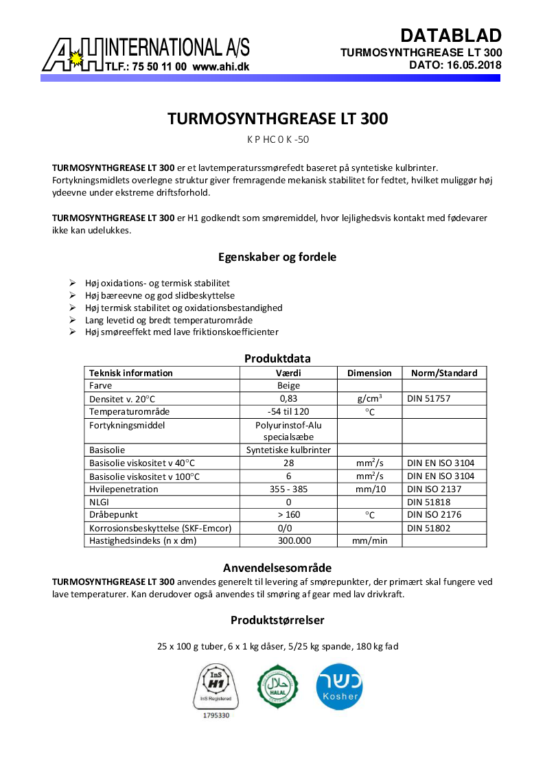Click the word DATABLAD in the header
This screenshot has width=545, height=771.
tap(451, 36)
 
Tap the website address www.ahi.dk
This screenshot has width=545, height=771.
tap(220, 67)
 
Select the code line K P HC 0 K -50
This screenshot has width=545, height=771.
tap(277, 139)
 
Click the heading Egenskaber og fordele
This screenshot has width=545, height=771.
tap(277, 257)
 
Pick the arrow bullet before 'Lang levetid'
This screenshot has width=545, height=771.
tap(73, 320)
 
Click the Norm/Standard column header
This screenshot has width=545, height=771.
tap(443, 373)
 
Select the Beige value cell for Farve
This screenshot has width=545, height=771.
tap(288, 385)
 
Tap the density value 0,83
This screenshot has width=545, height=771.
tap(288, 398)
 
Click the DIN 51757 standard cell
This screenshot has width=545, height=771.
tap(429, 398)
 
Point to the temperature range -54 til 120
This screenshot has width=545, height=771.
tap(288, 411)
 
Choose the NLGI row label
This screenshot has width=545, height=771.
tap(101, 502)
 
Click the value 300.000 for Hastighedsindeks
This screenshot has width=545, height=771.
tap(288, 540)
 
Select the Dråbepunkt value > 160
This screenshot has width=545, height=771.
tap(288, 515)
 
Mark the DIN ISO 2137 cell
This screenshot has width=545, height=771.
tap(434, 490)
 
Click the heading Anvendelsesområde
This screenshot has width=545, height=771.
tap(277, 568)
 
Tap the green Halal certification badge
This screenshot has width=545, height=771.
tap(277, 686)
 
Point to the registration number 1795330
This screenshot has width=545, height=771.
tap(216, 715)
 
